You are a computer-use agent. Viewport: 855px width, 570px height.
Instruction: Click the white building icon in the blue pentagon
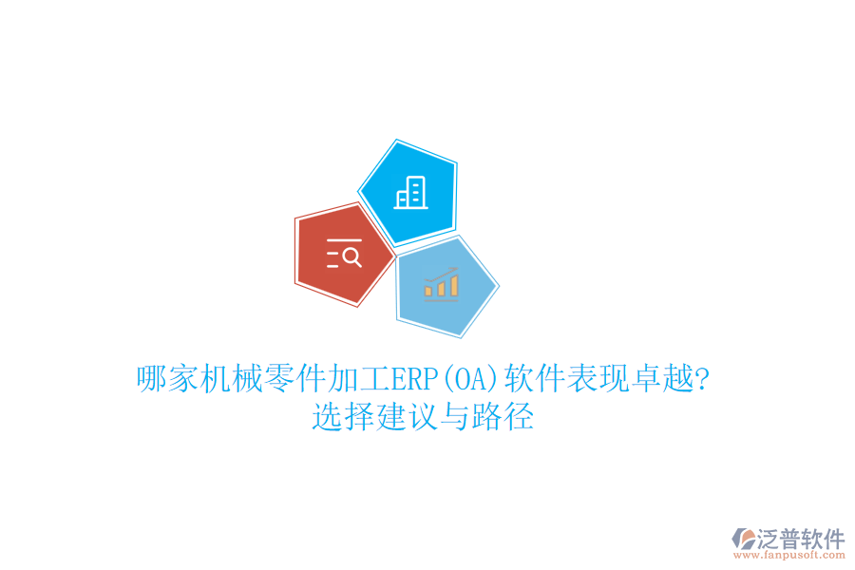pyautogui.click(x=410, y=192)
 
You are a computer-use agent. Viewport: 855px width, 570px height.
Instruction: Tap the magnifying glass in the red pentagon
pyautogui.click(x=351, y=256)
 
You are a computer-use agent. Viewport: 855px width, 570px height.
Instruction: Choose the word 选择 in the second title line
pyautogui.click(x=343, y=417)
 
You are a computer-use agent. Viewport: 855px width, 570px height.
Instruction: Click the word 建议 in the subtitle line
pyautogui.click(x=406, y=417)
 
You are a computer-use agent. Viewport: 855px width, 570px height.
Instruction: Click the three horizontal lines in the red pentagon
pyautogui.click(x=333, y=256)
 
